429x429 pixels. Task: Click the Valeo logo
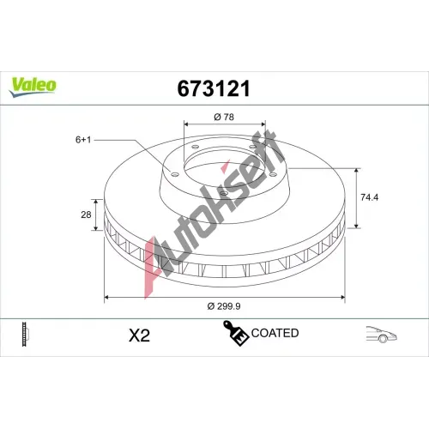tap(33, 87)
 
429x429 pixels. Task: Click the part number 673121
tap(214, 88)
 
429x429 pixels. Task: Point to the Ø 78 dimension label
tap(224, 117)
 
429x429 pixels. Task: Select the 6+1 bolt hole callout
tap(83, 140)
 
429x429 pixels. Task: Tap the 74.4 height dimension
tap(369, 197)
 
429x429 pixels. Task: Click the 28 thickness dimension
tap(86, 214)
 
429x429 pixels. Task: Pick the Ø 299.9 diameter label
tap(224, 306)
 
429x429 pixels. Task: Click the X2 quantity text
tap(139, 335)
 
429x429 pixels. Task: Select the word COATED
tap(275, 333)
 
